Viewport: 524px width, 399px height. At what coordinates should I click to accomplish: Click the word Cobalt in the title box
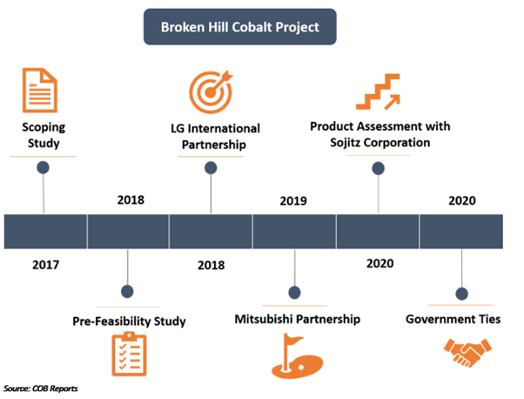click(x=252, y=27)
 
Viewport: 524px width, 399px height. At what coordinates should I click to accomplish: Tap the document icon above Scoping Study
click(x=40, y=91)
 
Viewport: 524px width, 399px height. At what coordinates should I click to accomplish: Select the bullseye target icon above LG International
click(x=211, y=91)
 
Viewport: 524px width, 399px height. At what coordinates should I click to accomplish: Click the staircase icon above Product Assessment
click(x=378, y=92)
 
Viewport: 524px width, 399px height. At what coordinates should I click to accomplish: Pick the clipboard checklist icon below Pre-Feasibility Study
click(x=129, y=354)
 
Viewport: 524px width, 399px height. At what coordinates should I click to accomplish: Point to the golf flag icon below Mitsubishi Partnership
click(x=297, y=355)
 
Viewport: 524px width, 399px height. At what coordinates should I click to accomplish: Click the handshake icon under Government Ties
click(x=467, y=353)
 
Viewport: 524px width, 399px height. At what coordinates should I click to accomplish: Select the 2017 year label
click(x=45, y=265)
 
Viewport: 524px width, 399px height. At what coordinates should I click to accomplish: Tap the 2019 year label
click(x=293, y=200)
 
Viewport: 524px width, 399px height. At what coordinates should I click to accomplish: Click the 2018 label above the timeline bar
click(x=131, y=200)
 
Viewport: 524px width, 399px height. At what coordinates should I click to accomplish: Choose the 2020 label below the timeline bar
click(x=380, y=264)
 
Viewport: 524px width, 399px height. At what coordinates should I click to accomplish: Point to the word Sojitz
click(x=346, y=143)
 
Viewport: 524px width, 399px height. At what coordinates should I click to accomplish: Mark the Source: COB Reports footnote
click(x=40, y=389)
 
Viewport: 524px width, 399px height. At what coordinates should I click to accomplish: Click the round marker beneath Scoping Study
click(x=44, y=167)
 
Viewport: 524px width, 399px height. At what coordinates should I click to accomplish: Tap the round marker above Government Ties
click(x=462, y=294)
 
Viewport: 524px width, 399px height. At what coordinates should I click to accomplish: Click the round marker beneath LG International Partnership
click(x=211, y=168)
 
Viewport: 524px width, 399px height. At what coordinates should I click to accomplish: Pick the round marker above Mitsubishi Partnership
click(x=294, y=293)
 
